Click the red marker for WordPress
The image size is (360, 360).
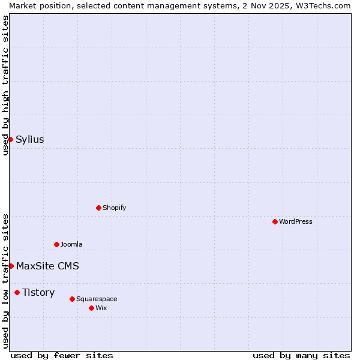pos(275,221)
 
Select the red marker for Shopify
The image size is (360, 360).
pos(98,208)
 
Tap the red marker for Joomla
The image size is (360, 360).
pos(56,244)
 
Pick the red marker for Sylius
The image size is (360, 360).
pos(10,139)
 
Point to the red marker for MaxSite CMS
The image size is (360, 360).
pos(11,266)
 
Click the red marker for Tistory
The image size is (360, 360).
pos(17,292)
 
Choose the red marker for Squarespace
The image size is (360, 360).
pos(72,299)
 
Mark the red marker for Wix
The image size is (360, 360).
pos(91,308)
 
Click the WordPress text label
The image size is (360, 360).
pos(296,221)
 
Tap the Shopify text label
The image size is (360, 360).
pos(114,208)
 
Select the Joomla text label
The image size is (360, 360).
pos(71,244)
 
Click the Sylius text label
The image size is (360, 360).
pos(30,140)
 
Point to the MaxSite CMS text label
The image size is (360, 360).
pos(47,266)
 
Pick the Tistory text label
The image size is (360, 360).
pos(38,292)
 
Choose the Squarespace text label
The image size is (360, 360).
pos(97,299)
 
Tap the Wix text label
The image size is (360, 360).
pos(101,308)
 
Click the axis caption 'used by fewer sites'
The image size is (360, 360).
pos(62,355)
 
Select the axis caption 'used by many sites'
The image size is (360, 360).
pos(301,355)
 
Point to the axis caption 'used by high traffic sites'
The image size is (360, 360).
pos(5,85)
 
